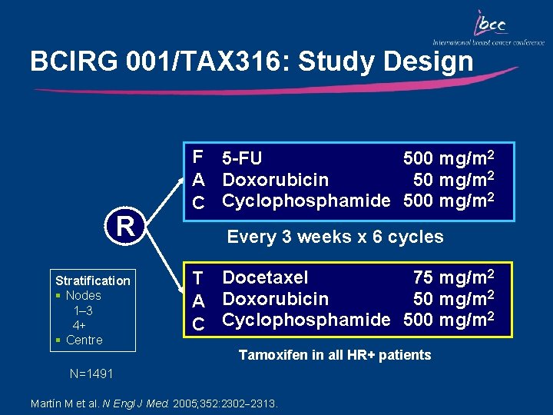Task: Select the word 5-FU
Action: point(242,159)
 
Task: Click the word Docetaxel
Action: point(265,277)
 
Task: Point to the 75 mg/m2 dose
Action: point(453,277)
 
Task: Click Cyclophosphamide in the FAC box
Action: point(306,201)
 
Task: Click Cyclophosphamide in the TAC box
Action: point(306,320)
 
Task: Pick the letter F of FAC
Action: point(198,158)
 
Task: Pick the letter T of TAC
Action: point(198,277)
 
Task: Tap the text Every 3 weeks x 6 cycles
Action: point(335,237)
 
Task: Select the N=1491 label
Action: point(91,374)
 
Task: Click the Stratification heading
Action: point(93,281)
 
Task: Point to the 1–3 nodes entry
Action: point(83,310)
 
